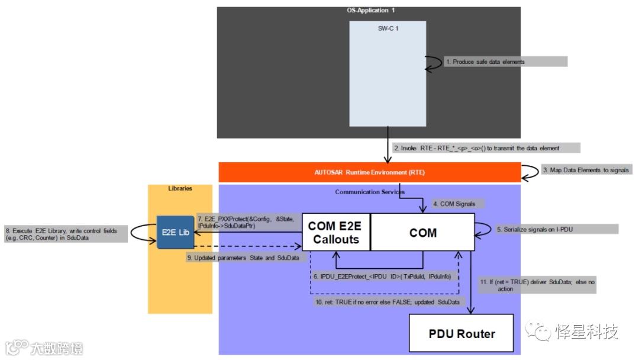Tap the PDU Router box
(x=461, y=333)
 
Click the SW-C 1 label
(x=388, y=28)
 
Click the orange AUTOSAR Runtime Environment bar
(x=369, y=172)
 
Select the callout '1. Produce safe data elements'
(x=506, y=62)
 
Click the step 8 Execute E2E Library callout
(x=65, y=233)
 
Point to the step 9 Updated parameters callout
(x=243, y=258)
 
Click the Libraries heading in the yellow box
(x=180, y=188)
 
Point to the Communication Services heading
(x=369, y=192)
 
